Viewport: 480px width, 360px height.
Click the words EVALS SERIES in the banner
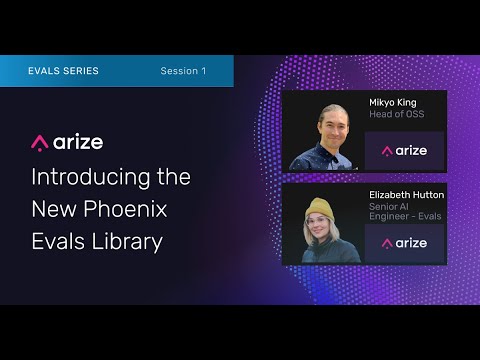coord(63,71)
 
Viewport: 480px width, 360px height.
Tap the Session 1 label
coord(183,71)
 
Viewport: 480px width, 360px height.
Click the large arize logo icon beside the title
coord(40,143)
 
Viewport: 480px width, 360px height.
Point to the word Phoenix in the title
coord(125,209)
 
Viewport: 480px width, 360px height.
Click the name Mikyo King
coord(393,103)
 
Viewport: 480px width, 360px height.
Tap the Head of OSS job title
coord(397,114)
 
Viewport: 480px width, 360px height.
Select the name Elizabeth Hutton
coord(406,195)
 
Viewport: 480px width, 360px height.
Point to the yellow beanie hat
coord(320,210)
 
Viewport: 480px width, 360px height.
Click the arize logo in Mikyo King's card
coord(404,151)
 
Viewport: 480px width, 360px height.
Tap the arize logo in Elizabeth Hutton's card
coord(404,243)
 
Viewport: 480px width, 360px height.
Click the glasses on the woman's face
coord(317,221)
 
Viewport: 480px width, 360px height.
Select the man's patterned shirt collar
coord(333,156)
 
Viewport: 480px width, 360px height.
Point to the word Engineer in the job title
coord(389,216)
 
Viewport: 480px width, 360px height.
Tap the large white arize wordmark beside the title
coord(78,143)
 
